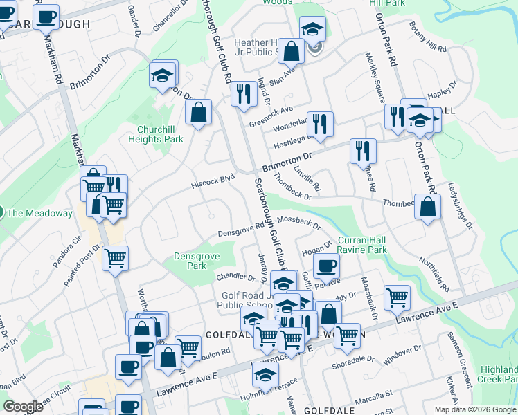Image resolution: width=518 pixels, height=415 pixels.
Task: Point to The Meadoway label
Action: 39,213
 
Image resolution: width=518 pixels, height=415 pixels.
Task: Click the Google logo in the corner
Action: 23,407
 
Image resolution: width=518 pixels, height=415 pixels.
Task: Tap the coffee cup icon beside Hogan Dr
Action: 326,266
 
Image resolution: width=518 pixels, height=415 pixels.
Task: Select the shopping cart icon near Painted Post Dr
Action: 115,258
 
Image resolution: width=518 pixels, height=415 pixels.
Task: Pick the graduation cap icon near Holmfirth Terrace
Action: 265,375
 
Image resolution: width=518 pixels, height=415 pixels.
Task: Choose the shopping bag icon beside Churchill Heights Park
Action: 198,113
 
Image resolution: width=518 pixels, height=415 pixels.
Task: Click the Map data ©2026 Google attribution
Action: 474,409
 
